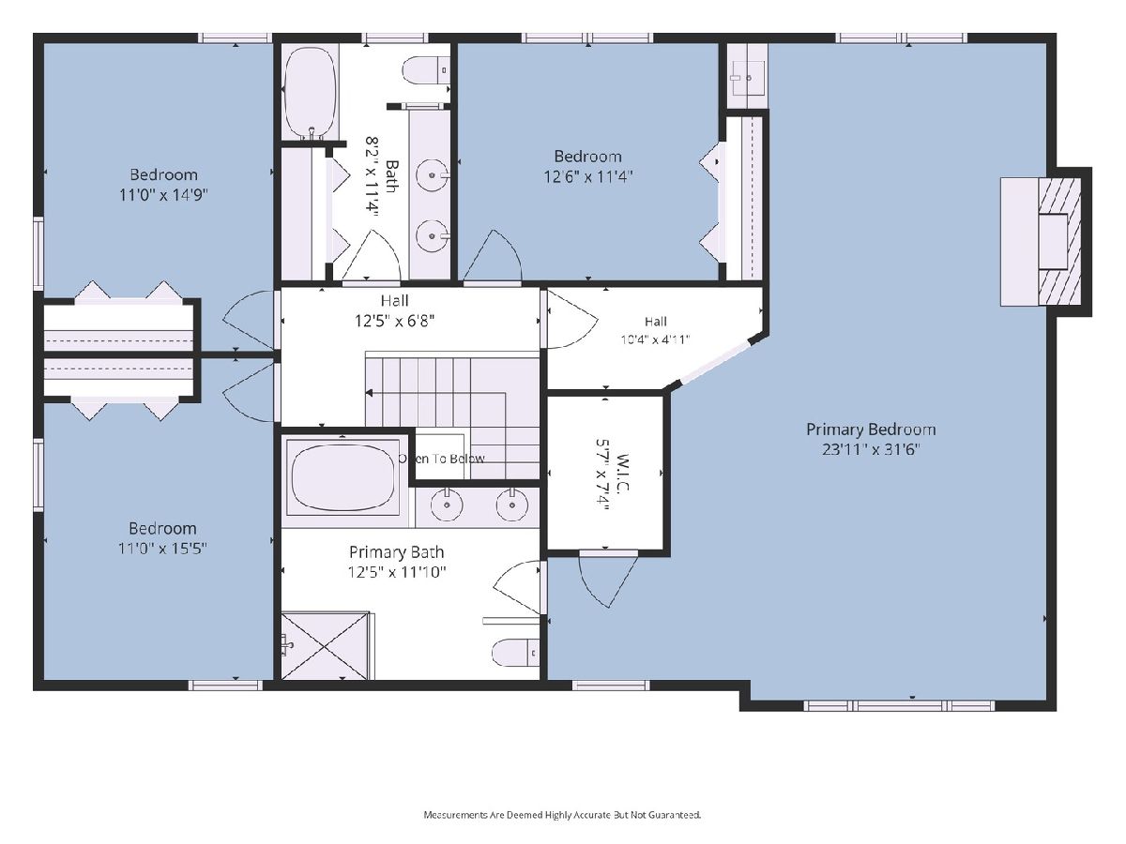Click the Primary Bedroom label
pos(871,429)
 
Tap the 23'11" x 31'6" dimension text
pos(871,449)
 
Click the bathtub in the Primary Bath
pos(343,477)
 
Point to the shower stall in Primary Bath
pos(326,645)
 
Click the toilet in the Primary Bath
pos(515,653)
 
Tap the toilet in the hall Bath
pos(426,69)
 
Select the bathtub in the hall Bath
pos(311,92)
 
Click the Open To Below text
pos(442,459)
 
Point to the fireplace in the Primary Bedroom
pos(1042,242)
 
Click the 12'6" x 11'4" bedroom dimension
pos(588,177)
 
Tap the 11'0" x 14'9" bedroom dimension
pos(163,195)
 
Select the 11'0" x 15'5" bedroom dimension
pos(162,549)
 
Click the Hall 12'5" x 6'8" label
pos(395,310)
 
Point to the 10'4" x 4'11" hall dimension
pos(656,339)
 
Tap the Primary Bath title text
pos(397,552)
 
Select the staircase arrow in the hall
pos(436,393)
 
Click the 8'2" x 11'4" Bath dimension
pos(372,175)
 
